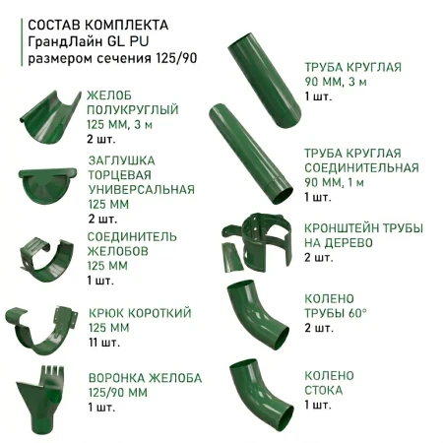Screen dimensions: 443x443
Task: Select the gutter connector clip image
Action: point(47,255)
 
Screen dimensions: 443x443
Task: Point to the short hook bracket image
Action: point(45,329)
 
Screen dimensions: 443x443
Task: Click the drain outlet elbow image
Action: point(258,389)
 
